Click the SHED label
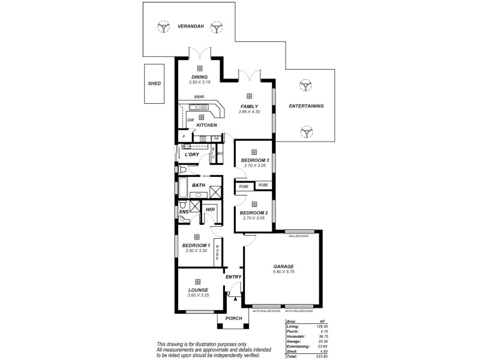pos(154,83)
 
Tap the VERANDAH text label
pos(191,26)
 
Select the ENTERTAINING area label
pos(306,106)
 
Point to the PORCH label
pos(234,318)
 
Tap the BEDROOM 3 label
pos(254,160)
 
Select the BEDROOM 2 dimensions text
pos(254,218)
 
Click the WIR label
pos(210,209)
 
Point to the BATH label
pos(199,185)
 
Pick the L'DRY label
pos(192,155)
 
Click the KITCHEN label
pos(206,125)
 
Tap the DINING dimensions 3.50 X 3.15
pos(199,82)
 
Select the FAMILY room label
pos(248,106)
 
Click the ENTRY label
pos(233,277)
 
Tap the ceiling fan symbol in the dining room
pos(199,68)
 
